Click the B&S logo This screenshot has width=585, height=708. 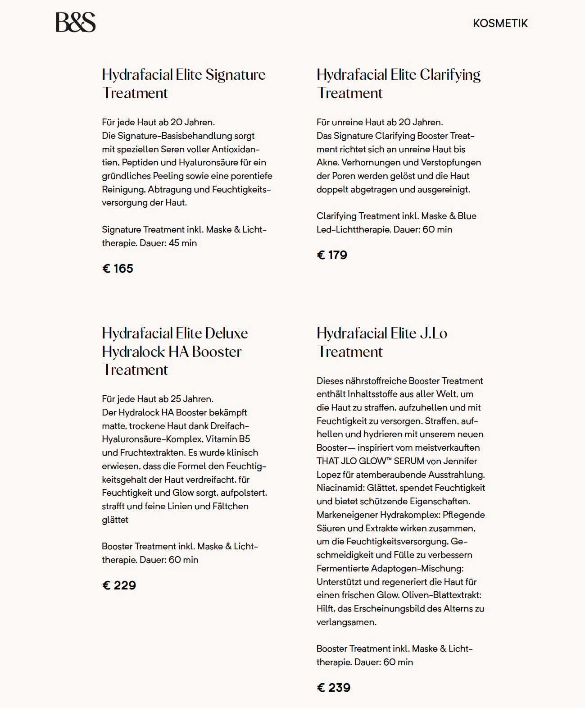(x=76, y=22)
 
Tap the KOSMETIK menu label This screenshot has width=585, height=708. (x=500, y=23)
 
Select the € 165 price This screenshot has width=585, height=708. (x=118, y=269)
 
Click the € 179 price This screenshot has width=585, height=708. (x=332, y=255)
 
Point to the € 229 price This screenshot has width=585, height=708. (x=119, y=585)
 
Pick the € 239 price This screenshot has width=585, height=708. (x=334, y=688)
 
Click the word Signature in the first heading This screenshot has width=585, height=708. (x=235, y=75)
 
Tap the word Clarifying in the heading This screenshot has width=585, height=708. (x=450, y=75)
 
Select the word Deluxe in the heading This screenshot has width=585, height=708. (x=226, y=333)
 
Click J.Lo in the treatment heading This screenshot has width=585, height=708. (x=433, y=333)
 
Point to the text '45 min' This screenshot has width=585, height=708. (x=182, y=243)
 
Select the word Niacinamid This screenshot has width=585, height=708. (x=340, y=488)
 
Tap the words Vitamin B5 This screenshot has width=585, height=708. (x=228, y=439)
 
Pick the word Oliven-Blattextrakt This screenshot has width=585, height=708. (x=441, y=595)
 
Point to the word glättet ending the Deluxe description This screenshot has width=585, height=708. (x=115, y=520)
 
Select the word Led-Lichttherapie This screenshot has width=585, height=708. (x=354, y=229)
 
